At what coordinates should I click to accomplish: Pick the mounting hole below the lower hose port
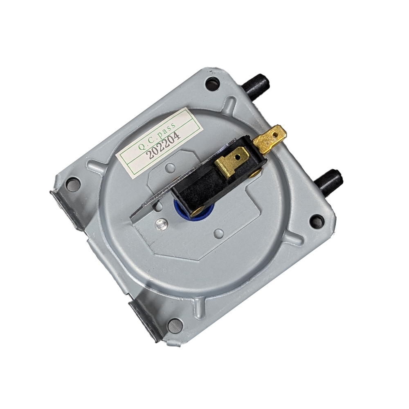tap(317, 221)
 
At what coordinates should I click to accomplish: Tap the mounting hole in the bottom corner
tap(175, 325)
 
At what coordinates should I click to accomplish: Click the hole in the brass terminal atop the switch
tap(237, 157)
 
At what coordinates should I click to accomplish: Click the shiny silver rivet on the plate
tap(161, 223)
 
